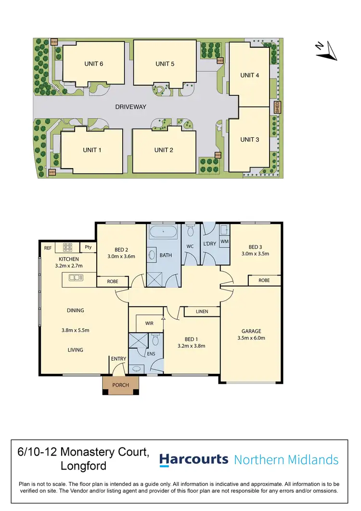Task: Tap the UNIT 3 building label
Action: click(249, 140)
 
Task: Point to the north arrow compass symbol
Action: click(325, 51)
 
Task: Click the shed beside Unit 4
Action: click(277, 107)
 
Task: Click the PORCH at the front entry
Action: click(121, 385)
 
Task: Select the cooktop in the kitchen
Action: click(66, 248)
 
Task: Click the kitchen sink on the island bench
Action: click(75, 277)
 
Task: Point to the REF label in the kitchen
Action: click(48, 248)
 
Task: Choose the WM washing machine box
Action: click(224, 241)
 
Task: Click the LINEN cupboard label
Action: click(202, 312)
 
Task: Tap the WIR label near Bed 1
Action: click(149, 323)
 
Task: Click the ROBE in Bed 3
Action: click(264, 280)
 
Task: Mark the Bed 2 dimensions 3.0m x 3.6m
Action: click(121, 256)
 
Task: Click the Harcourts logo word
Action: click(193, 459)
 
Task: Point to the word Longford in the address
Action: click(83, 466)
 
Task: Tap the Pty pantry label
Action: click(88, 247)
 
